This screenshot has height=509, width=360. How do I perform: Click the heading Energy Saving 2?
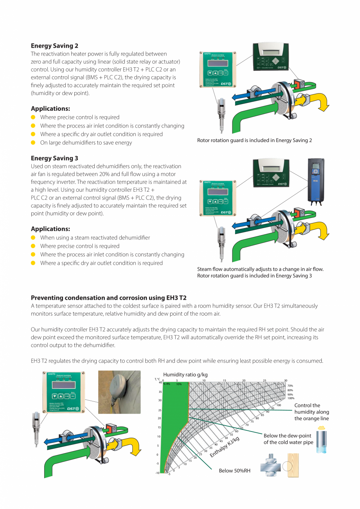(x=54, y=46)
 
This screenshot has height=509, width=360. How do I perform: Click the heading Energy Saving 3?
(x=54, y=158)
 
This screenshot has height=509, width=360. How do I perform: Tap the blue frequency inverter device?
(x=316, y=182)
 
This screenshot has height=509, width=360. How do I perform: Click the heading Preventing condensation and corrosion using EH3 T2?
(x=109, y=298)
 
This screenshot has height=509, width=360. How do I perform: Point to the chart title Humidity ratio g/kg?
(x=185, y=374)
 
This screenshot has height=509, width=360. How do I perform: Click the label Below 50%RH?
(x=234, y=471)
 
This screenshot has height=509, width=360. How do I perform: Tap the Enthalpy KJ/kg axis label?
(x=224, y=447)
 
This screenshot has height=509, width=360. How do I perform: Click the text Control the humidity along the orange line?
(x=311, y=412)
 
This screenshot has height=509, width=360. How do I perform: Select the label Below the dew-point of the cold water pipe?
(x=288, y=439)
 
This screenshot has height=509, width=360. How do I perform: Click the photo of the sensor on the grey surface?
(x=119, y=392)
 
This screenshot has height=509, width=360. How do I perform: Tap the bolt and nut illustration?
(x=270, y=465)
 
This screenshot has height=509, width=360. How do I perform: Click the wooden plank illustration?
(x=293, y=465)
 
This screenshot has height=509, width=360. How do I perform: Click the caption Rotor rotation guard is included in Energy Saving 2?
(x=254, y=140)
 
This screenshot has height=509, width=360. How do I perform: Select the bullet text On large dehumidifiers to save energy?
(x=86, y=143)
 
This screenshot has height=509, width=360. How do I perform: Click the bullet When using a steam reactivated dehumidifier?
(x=95, y=237)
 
